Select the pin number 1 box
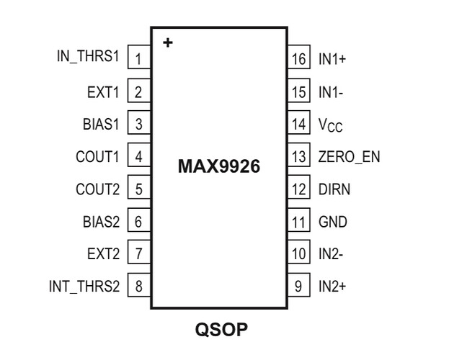pyautogui.click(x=138, y=58)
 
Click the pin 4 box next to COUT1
pyautogui.click(x=138, y=156)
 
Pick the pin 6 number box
pyautogui.click(x=138, y=221)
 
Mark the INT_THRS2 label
pyautogui.click(x=82, y=286)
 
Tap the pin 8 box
pyautogui.click(x=138, y=286)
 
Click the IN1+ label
pyautogui.click(x=333, y=58)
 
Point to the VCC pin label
pyautogui.click(x=331, y=125)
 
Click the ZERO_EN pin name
pyautogui.click(x=347, y=156)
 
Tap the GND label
pyautogui.click(x=332, y=221)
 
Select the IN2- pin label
pyautogui.click(x=332, y=253)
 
